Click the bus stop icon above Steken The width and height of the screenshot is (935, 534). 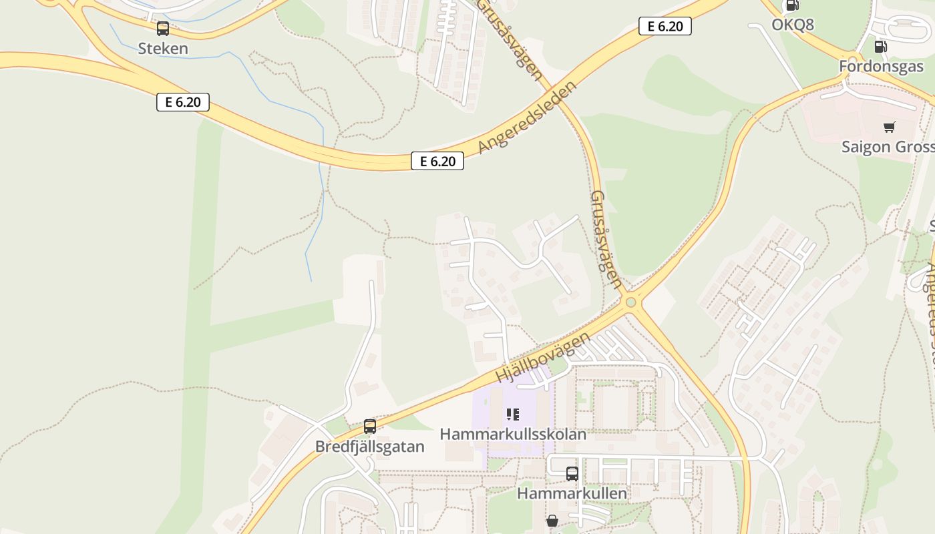163,29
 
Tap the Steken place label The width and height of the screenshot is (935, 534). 163,49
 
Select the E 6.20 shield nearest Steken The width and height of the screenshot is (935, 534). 183,102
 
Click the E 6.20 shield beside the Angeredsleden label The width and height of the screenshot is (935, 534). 437,161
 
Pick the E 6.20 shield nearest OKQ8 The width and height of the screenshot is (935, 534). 665,26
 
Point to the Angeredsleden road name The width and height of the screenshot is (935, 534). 528,118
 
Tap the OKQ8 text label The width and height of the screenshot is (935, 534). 793,25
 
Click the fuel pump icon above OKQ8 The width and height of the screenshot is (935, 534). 792,5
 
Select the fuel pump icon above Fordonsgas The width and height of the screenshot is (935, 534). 881,47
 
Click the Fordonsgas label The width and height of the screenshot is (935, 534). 881,67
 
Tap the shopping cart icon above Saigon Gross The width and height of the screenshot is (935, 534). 889,127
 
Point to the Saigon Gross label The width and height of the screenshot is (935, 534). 888,147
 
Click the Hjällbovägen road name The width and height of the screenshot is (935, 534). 543,357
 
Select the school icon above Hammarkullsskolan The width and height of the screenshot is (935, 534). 513,415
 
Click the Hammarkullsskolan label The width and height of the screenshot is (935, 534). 513,434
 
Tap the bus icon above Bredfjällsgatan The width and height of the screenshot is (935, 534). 370,427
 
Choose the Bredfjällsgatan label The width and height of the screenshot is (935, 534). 370,447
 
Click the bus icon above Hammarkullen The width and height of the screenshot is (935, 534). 572,474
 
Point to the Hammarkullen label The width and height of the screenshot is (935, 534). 572,493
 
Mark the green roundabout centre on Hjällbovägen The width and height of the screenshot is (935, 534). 630,303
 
